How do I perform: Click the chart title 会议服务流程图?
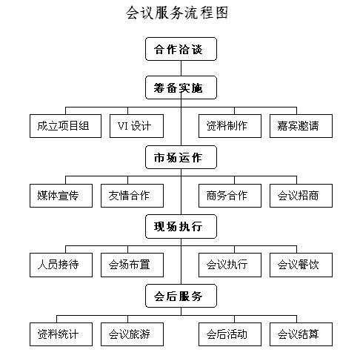pos(177,13)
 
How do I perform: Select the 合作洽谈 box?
pos(181,49)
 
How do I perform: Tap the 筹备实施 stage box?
pos(181,87)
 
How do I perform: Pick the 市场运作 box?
pos(181,157)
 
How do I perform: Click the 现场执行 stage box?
pos(181,227)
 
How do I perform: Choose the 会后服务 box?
pos(181,296)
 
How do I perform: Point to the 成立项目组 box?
pos(65,126)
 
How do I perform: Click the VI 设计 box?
pos(136,126)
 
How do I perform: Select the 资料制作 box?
pos(230,126)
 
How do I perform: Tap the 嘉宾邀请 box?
pos(301,126)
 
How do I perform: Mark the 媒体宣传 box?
pos(61,196)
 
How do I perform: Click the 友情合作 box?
pos(132,196)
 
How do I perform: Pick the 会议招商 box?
pos(301,196)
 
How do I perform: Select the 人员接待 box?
pos(61,265)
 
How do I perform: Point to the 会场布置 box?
pos(132,265)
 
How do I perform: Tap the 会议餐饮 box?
pos(301,265)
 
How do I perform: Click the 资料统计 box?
pos(61,334)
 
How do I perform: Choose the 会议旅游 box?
pos(132,334)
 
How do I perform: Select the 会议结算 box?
pos(301,334)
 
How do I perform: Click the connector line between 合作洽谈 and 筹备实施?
pos(181,68)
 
